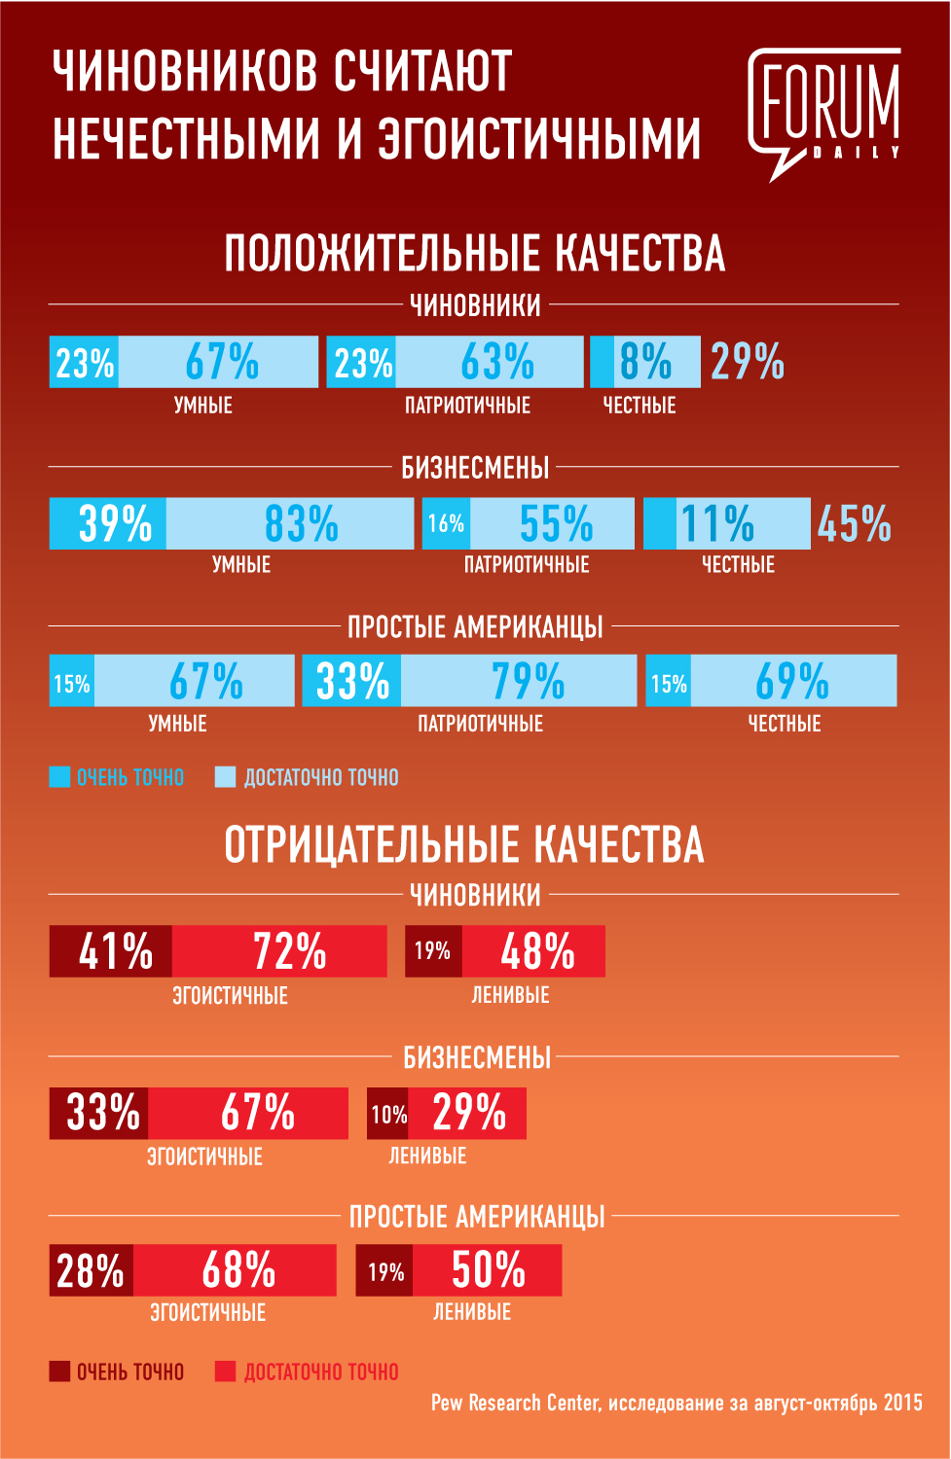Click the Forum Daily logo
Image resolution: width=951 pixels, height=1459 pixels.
823,112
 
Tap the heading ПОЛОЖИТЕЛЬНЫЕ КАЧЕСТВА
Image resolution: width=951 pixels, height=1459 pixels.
474,254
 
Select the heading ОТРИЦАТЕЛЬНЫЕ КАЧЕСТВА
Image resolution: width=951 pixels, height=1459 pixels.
463,844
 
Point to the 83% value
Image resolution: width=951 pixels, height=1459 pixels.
301,524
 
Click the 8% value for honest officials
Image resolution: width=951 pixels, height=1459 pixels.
645,362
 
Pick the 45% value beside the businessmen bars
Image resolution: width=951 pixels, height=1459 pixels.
854,524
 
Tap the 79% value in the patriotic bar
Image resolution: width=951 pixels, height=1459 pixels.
527,681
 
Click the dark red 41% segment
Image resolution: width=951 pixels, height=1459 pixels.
115,951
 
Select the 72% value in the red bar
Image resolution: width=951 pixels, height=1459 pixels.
289,951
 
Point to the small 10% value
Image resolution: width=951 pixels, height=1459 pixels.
388,1115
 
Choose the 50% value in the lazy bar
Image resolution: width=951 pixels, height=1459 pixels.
488,1270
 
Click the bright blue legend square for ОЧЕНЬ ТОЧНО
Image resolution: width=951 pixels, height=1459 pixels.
59,777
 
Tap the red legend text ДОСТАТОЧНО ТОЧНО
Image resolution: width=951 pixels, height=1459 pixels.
321,1372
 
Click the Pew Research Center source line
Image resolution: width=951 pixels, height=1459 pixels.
677,1403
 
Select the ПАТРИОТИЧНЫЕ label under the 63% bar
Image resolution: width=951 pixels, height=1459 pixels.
467,406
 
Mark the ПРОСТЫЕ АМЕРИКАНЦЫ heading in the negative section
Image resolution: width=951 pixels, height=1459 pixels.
477,1217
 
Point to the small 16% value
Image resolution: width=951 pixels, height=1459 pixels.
446,524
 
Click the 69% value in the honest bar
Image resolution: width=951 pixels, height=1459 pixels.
791,681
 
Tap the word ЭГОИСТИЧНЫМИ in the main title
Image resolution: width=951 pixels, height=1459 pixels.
538,138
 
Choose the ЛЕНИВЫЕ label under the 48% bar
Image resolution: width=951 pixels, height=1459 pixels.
510,995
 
